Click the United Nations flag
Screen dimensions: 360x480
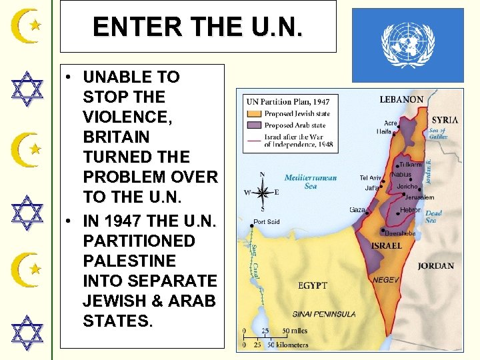point(407,45)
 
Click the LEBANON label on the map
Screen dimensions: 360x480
point(401,99)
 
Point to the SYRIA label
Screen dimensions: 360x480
point(444,120)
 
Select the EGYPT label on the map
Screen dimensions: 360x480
point(312,285)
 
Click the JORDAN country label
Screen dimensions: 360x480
point(435,266)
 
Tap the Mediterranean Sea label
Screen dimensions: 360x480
point(311,182)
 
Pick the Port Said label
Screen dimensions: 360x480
point(265,222)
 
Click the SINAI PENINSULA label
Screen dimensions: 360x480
point(324,313)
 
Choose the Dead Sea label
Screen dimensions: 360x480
point(433,217)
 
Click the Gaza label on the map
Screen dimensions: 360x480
point(358,209)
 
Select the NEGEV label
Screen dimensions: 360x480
point(385,280)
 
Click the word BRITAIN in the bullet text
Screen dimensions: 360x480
point(109,136)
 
